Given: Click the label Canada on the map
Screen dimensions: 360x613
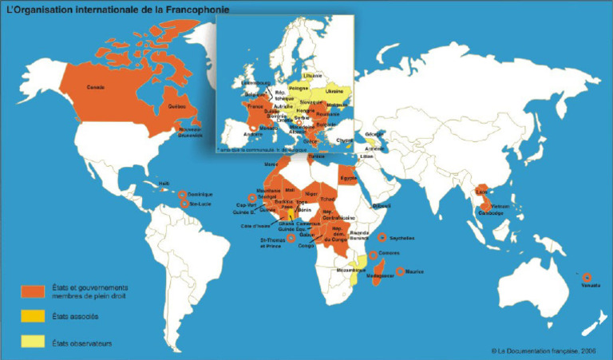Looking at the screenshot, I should coord(96,87).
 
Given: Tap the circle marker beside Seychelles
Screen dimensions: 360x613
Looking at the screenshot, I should coord(382,237).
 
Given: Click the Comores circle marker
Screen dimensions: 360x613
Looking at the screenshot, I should coord(374,255).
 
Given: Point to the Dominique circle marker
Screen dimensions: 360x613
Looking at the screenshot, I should coord(183,195).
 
